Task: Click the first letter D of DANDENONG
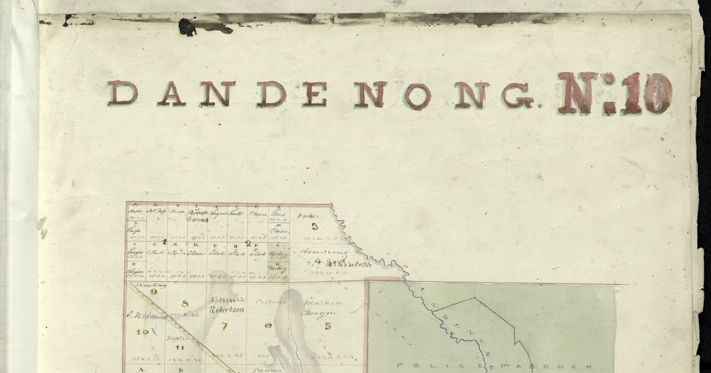[123, 94]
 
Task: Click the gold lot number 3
[315, 226]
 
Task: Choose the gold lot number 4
[318, 261]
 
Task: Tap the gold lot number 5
[328, 325]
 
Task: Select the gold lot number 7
[224, 326]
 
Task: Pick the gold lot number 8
[184, 304]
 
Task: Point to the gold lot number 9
[153, 291]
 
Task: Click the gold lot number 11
[178, 347]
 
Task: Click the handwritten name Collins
[271, 302]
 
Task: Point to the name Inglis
[177, 338]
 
